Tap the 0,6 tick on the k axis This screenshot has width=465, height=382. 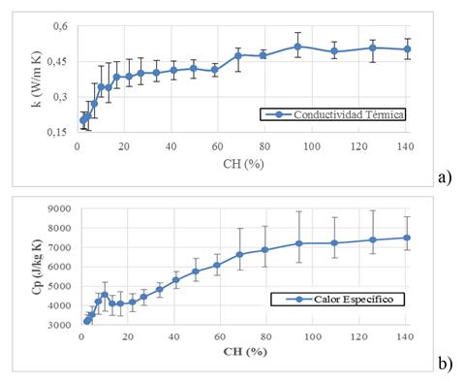58,26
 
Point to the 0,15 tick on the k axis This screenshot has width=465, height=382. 56,133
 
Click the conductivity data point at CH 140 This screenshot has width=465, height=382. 407,49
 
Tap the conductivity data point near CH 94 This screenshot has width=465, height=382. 297,46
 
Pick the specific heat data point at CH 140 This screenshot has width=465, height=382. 407,238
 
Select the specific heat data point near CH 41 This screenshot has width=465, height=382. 175,280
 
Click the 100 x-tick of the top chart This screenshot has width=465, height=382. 312,146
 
